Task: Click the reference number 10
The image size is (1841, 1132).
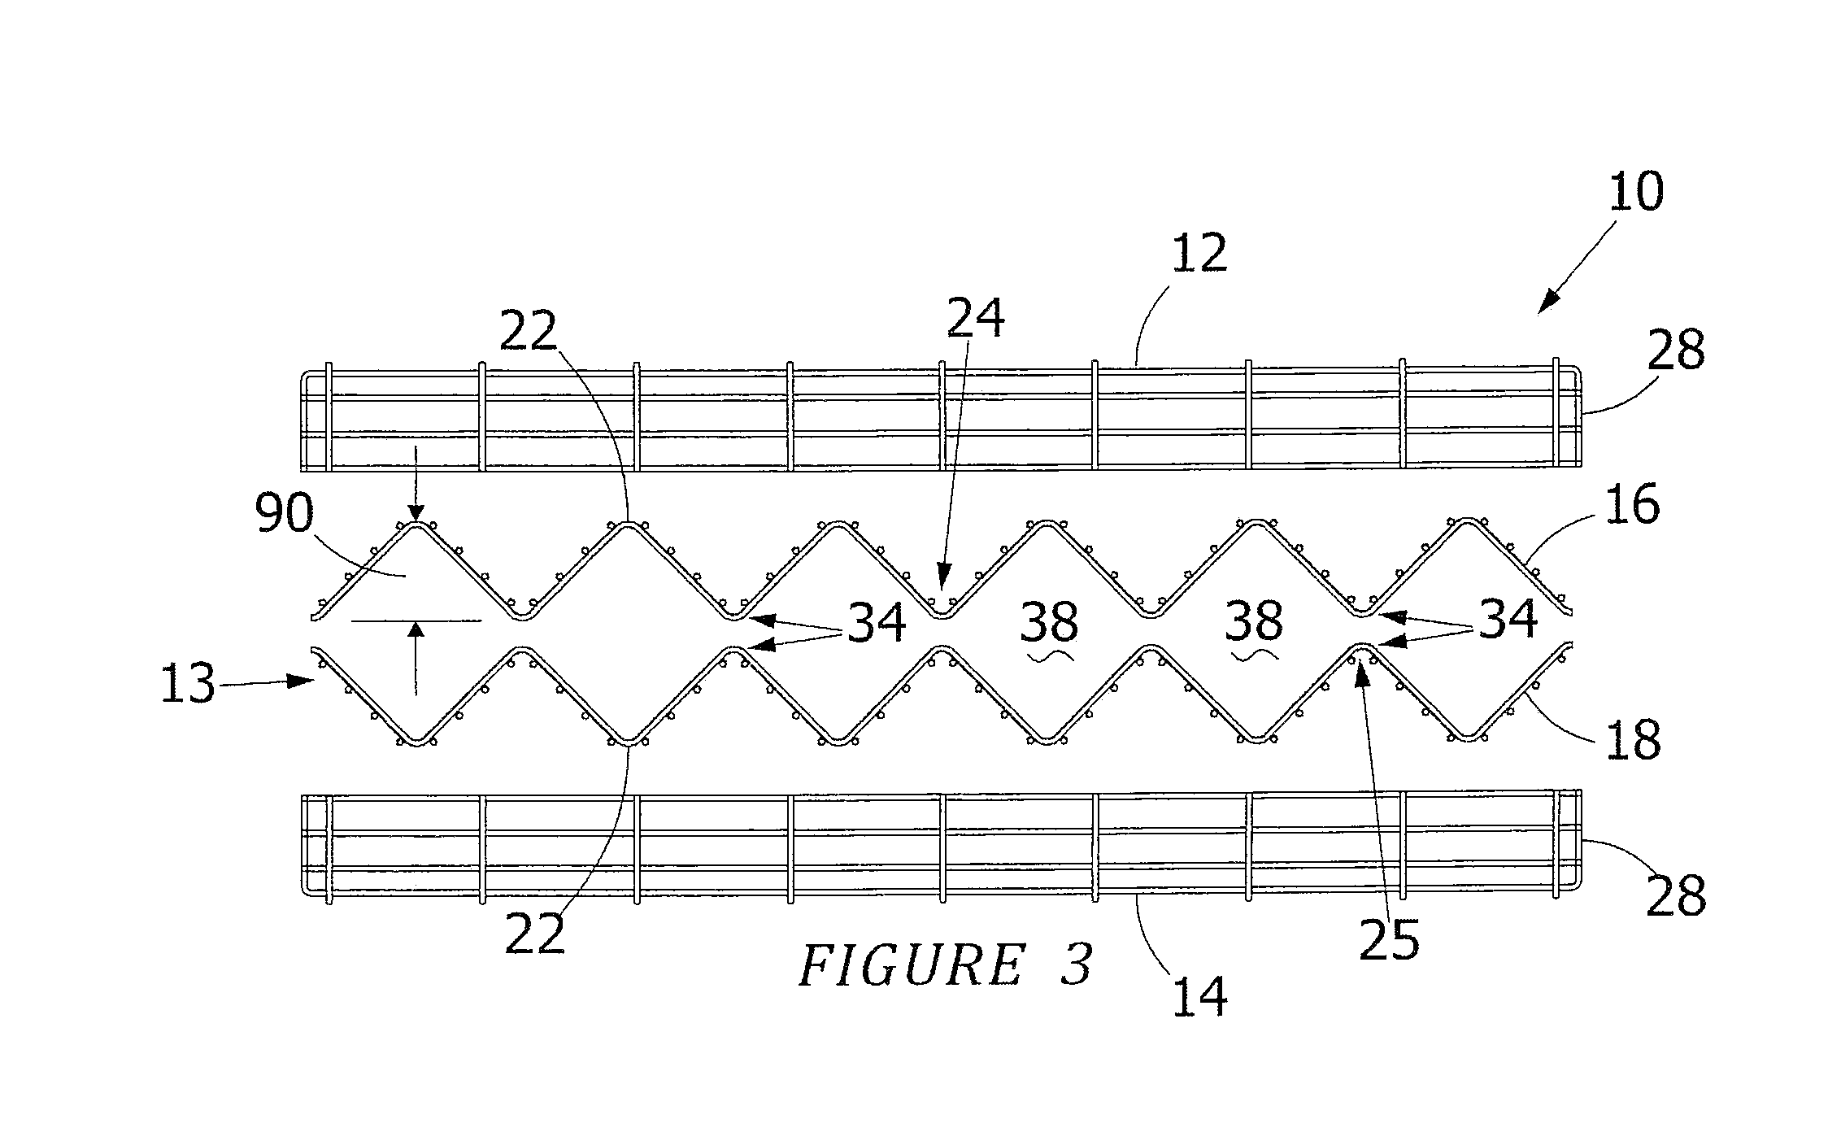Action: tap(1636, 193)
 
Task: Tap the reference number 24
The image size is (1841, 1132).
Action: tap(975, 318)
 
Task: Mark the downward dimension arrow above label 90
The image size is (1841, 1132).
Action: tap(416, 482)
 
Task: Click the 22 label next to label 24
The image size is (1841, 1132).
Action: tap(529, 331)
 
